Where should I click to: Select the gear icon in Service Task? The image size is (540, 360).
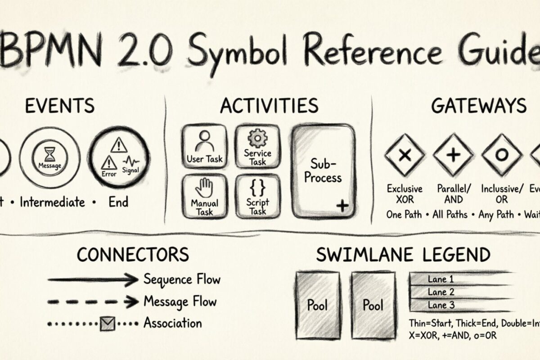(x=258, y=137)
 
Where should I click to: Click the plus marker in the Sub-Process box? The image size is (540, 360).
(x=342, y=206)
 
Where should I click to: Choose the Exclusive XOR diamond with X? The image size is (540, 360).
(x=405, y=155)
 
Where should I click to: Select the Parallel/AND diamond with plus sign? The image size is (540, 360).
(x=453, y=155)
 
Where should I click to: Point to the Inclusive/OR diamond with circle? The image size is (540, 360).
(x=501, y=155)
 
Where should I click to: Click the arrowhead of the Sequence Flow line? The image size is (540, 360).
(x=131, y=280)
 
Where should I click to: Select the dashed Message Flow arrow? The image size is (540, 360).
(x=94, y=301)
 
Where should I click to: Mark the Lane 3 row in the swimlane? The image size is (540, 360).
(x=459, y=305)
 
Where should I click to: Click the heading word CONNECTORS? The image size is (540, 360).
(x=132, y=255)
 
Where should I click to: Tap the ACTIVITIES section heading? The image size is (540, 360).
(x=269, y=106)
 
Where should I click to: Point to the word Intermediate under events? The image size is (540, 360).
(x=52, y=202)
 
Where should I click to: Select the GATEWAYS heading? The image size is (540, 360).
(x=478, y=106)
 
